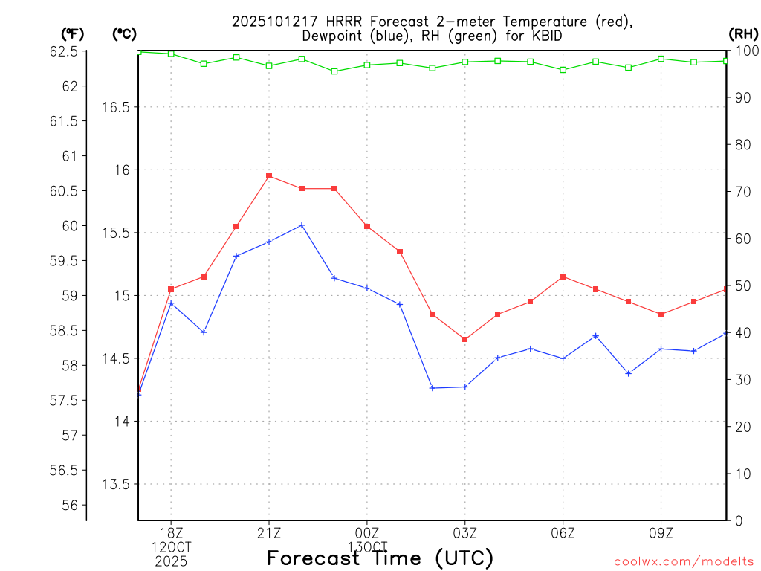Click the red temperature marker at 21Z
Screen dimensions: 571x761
269,176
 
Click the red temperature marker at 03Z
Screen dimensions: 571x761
465,339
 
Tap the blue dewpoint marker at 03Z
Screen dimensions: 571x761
465,387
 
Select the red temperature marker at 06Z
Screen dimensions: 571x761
563,277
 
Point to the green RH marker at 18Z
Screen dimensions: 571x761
171,54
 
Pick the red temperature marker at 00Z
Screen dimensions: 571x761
367,226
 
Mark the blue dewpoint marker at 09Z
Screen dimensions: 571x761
661,349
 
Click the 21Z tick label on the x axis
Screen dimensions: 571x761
269,533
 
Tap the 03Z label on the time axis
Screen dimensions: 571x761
465,533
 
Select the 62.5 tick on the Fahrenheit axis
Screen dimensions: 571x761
63,51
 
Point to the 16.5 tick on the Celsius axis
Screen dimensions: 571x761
115,107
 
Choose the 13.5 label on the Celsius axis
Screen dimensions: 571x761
115,484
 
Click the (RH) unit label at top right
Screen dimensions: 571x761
743,33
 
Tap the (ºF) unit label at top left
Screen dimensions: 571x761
72,33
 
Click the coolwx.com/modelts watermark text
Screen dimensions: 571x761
684,561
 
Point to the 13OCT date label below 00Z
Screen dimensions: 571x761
367,547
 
